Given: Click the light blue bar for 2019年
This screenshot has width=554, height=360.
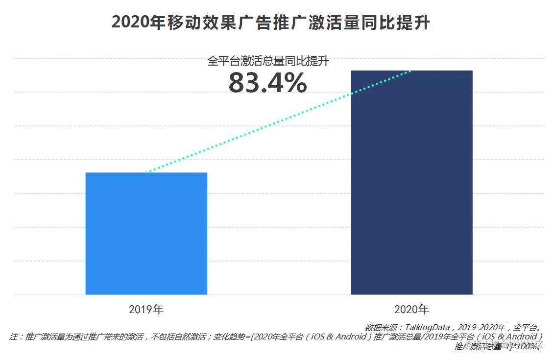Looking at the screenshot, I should pyautogui.click(x=146, y=234).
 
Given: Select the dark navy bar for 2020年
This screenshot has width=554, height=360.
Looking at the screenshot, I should pyautogui.click(x=411, y=183).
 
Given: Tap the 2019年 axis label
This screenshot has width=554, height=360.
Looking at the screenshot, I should pyautogui.click(x=146, y=310).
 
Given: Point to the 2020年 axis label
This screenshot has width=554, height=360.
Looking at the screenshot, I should pyautogui.click(x=411, y=310).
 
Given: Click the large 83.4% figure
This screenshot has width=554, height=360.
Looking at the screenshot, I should pyautogui.click(x=267, y=83).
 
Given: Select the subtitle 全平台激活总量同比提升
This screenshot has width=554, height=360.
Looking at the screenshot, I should pyautogui.click(x=267, y=61).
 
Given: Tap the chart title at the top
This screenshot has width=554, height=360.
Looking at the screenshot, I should pyautogui.click(x=270, y=23).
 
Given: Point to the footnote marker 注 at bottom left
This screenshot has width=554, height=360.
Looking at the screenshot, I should pyautogui.click(x=14, y=337).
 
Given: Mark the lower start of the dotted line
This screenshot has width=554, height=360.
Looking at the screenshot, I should pyautogui.click(x=146, y=172).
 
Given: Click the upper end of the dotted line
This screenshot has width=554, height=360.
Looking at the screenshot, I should pyautogui.click(x=410, y=72).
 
